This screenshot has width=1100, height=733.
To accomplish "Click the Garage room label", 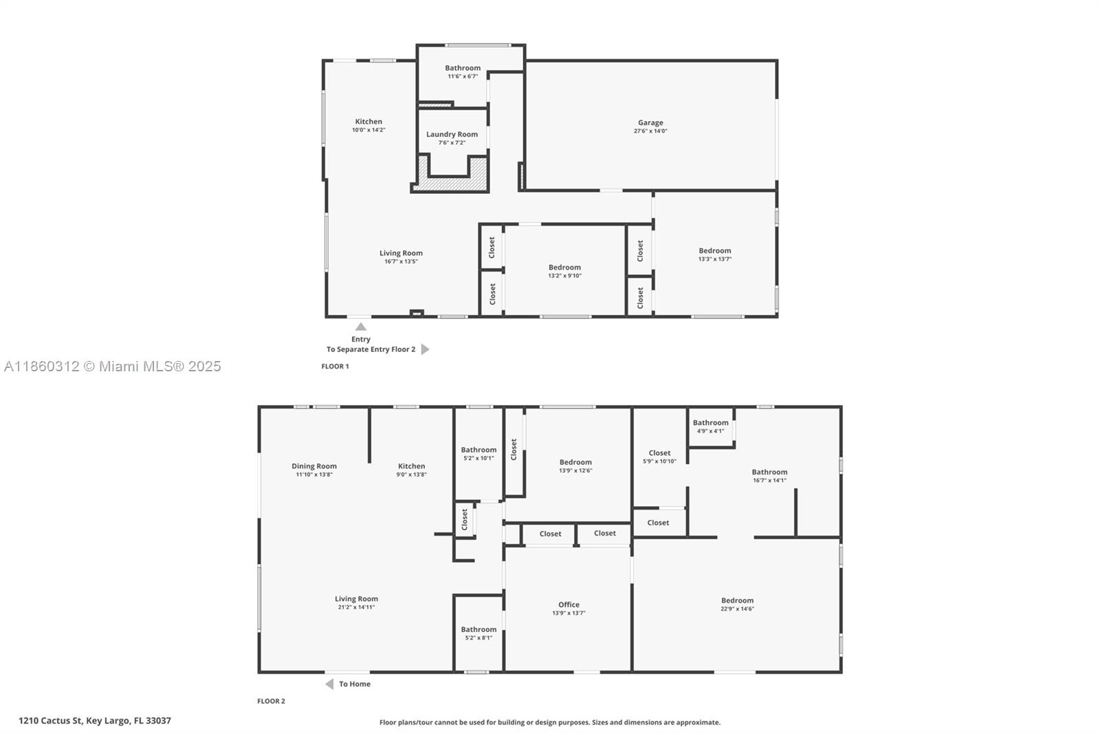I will tap(650, 123).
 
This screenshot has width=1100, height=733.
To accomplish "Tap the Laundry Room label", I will tap(452, 135).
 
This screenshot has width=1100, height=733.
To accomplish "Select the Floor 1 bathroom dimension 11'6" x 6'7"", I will tap(463, 76).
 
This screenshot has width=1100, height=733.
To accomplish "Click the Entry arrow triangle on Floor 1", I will tap(361, 327).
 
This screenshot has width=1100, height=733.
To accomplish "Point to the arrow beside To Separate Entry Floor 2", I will tap(425, 349).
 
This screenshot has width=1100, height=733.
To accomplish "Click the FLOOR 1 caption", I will tap(335, 366).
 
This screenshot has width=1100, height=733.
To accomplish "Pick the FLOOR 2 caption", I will tap(271, 701).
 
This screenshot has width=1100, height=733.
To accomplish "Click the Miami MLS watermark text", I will tap(113, 366).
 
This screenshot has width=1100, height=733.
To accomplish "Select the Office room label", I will tap(569, 605).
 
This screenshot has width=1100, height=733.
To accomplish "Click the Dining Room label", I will tap(314, 466).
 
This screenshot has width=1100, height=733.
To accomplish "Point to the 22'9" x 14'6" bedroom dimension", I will tap(737, 609).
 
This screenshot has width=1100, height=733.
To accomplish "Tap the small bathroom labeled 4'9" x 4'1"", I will tap(710, 427).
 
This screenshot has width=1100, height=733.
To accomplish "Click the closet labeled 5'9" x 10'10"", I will tap(659, 457).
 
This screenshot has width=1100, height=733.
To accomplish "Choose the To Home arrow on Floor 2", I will tap(329, 684).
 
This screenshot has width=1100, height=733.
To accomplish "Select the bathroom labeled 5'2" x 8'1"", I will tap(478, 633).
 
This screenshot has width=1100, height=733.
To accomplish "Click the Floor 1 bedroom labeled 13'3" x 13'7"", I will tap(715, 254).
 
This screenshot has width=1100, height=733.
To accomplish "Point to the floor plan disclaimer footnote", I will tap(550, 723).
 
